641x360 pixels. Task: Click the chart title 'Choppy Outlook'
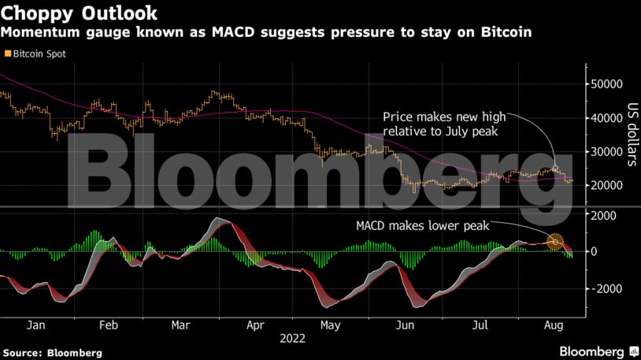[80, 13]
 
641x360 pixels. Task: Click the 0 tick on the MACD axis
[595, 252]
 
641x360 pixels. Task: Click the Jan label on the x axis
[35, 325]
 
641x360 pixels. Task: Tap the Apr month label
[255, 325]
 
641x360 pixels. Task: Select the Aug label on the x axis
[553, 325]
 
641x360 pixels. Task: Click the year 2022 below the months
[292, 340]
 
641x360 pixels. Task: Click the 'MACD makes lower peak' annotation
[422, 226]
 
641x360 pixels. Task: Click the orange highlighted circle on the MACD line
[556, 242]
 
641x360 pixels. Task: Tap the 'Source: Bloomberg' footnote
[52, 352]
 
